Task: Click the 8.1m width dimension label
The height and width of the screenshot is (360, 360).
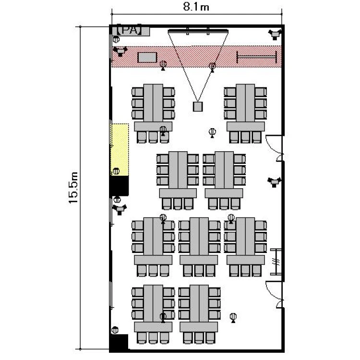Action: point(196,7)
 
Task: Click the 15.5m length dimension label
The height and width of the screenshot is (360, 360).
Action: point(73,188)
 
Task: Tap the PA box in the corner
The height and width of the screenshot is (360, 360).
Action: point(130,31)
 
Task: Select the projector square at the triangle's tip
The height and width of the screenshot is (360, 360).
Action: point(197,107)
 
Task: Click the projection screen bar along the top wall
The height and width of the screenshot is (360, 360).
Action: point(198,31)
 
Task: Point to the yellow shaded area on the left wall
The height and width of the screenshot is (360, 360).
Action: point(120,149)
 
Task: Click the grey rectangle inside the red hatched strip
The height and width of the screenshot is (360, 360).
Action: point(147,58)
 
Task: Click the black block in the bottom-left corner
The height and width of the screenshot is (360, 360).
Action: point(119,343)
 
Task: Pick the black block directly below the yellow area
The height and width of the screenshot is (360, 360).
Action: point(119,185)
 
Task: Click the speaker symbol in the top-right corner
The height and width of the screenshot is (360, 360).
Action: point(275,34)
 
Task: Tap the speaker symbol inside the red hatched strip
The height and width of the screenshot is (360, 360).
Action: point(120,51)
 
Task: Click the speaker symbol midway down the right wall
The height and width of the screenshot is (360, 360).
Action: point(274,182)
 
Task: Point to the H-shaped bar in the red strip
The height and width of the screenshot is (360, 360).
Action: point(257,57)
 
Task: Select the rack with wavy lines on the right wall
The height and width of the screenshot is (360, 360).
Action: point(276,262)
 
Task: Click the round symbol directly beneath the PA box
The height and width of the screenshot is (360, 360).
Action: point(116,39)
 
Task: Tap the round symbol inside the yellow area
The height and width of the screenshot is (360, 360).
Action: point(116,171)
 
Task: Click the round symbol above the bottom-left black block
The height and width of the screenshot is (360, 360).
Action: point(115,330)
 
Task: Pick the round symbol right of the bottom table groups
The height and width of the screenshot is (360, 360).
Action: point(233,317)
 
